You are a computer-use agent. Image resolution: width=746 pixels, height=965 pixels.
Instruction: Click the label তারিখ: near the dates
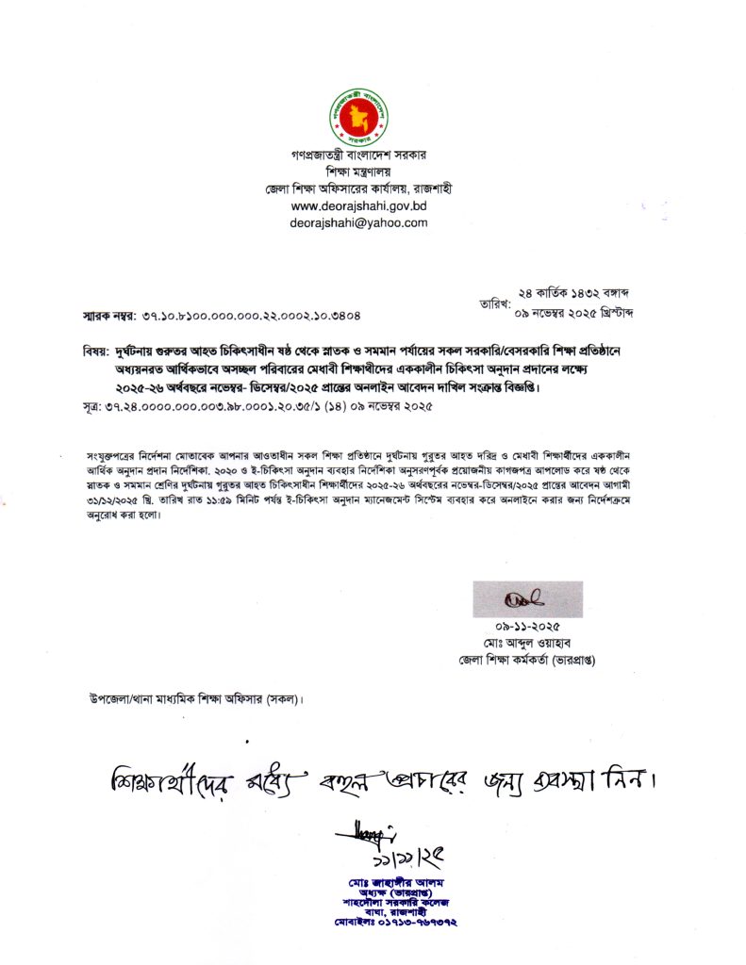(496, 303)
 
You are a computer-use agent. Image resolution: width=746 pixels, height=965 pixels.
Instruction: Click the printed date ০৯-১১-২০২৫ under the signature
(526, 627)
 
